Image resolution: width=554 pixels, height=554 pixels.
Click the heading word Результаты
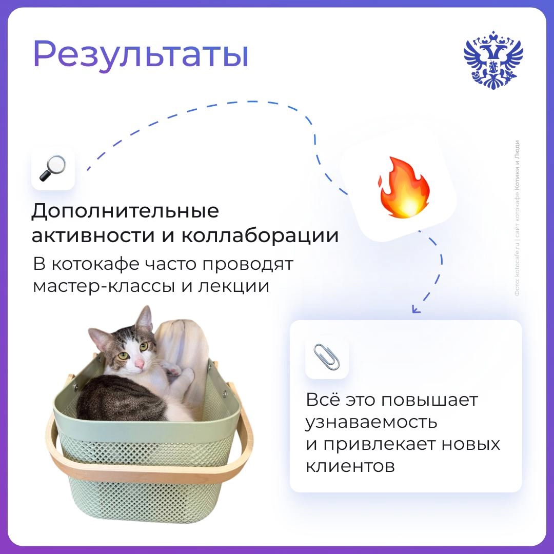click(141, 54)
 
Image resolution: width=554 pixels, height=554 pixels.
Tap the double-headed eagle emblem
click(493, 61)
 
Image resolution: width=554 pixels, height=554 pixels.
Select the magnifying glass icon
click(53, 169)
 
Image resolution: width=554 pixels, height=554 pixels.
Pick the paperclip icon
click(327, 357)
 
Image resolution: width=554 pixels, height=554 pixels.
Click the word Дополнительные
click(125, 211)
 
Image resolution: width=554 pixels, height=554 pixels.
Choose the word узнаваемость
click(372, 422)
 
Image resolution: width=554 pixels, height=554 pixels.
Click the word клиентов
click(350, 466)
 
